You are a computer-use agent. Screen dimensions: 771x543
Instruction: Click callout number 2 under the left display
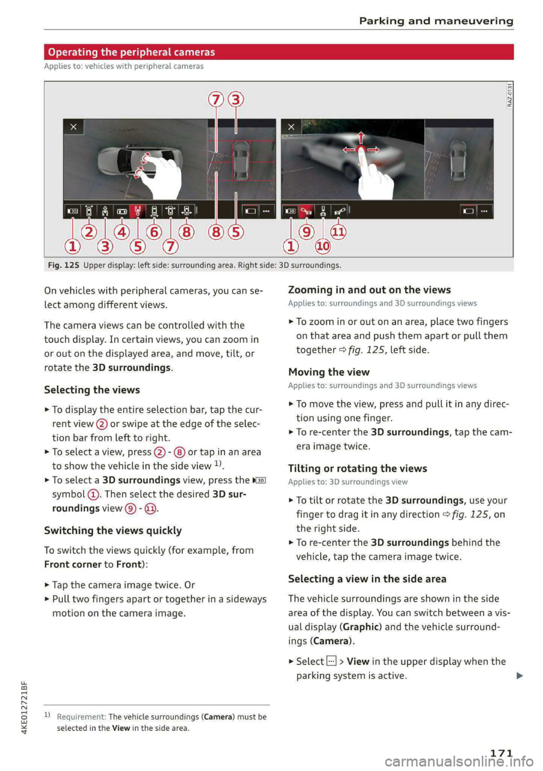[x=89, y=232]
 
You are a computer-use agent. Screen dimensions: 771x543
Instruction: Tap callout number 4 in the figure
[x=122, y=232]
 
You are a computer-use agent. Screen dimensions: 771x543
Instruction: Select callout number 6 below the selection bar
[x=154, y=232]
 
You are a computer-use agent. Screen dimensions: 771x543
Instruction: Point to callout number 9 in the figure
[x=306, y=232]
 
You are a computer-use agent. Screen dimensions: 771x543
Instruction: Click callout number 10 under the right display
[x=322, y=246]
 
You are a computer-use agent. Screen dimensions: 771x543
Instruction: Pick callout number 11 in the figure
[x=338, y=232]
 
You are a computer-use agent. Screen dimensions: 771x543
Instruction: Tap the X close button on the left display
[x=74, y=127]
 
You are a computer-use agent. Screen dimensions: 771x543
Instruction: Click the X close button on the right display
[x=291, y=127]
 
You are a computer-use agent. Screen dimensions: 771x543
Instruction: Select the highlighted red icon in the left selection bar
[x=137, y=211]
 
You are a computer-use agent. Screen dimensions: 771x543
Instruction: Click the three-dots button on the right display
[x=485, y=211]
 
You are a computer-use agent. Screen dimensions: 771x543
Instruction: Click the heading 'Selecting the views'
[x=92, y=390]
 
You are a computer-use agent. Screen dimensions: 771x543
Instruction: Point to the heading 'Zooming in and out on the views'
[x=369, y=290]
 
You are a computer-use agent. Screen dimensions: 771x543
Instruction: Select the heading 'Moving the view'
[x=329, y=372]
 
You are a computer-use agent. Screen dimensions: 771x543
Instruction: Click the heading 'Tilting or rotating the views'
[x=357, y=468]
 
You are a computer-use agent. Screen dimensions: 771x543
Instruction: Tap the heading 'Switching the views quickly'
[x=113, y=531]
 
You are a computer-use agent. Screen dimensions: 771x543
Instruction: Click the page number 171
[x=501, y=753]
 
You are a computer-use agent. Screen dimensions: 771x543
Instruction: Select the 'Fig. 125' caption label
[x=63, y=265]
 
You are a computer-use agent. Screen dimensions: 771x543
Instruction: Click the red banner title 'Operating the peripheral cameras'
[x=131, y=52]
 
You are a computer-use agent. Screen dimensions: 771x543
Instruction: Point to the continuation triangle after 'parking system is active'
[x=520, y=675]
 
